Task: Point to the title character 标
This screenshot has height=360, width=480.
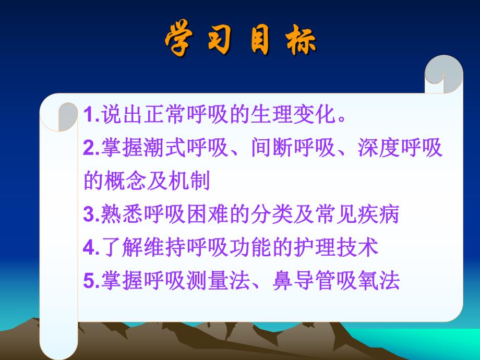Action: tap(300, 39)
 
